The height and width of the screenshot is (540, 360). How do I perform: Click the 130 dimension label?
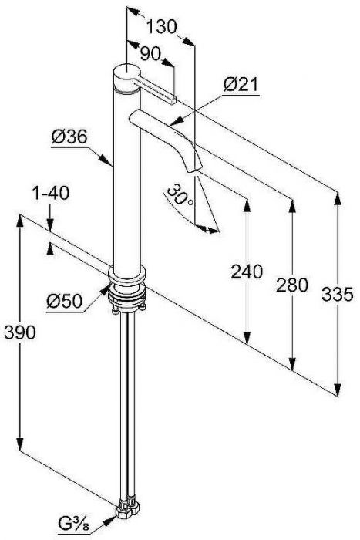pyautogui.click(x=161, y=27)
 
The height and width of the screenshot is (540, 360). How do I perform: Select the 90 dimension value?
pyautogui.click(x=150, y=53)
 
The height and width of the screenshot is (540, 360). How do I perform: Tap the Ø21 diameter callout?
pyautogui.click(x=241, y=84)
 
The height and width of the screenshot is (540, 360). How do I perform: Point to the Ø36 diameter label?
pyautogui.click(x=69, y=137)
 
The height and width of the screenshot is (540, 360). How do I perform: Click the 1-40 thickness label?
pyautogui.click(x=51, y=193)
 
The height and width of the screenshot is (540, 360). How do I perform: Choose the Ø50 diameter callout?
pyautogui.click(x=65, y=302)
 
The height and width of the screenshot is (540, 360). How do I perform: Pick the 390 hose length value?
pyautogui.click(x=19, y=332)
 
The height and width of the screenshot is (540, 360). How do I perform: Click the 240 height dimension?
pyautogui.click(x=247, y=272)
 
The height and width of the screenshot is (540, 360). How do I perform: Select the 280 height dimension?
pyautogui.click(x=292, y=285)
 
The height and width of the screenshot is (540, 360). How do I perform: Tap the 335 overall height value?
pyautogui.click(x=338, y=295)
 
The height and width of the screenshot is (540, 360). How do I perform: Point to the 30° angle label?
pyautogui.click(x=180, y=195)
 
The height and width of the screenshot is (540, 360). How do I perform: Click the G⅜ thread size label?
pyautogui.click(x=74, y=525)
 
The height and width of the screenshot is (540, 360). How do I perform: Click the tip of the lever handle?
pyautogui.click(x=173, y=100)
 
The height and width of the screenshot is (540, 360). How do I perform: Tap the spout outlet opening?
pyautogui.click(x=193, y=170)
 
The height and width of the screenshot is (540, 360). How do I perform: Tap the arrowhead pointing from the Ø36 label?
pyautogui.click(x=106, y=160)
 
